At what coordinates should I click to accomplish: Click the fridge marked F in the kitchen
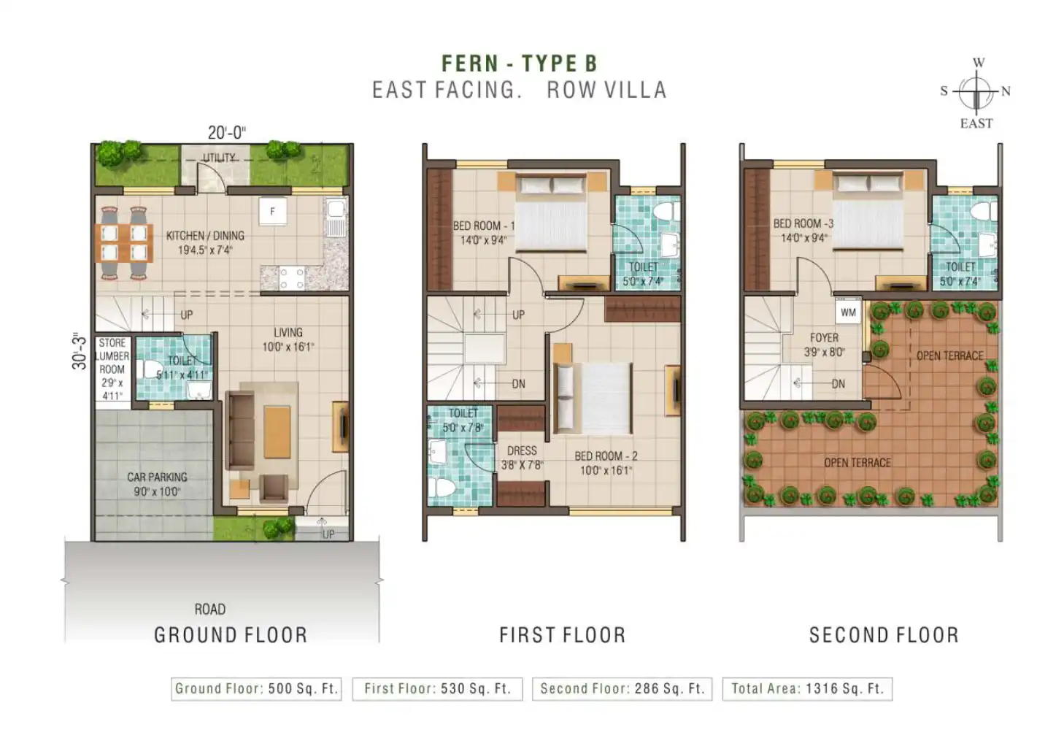tap(273, 211)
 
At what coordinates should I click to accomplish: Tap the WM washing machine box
tap(848, 312)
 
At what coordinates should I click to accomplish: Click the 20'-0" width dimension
tap(227, 133)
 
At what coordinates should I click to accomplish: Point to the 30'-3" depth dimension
tap(80, 352)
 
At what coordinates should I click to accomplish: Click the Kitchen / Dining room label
tap(205, 242)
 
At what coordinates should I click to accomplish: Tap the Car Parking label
tap(157, 484)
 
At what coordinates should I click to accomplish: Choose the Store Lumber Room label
tap(112, 369)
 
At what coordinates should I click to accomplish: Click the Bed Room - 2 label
tap(606, 463)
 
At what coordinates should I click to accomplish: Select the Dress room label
tap(522, 457)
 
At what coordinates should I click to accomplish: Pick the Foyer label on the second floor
tap(824, 345)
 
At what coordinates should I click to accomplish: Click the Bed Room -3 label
tap(803, 230)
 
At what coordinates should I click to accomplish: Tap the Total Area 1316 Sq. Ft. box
tap(808, 688)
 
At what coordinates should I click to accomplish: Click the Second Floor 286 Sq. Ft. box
tap(622, 688)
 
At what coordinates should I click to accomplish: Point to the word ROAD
tap(210, 609)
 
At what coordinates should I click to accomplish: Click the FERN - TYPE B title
tap(519, 64)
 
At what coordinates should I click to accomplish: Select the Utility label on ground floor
tap(219, 157)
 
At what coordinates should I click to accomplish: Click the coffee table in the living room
tap(277, 431)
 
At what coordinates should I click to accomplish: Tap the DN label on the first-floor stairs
tap(519, 383)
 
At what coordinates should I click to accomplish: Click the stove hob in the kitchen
tap(292, 278)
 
